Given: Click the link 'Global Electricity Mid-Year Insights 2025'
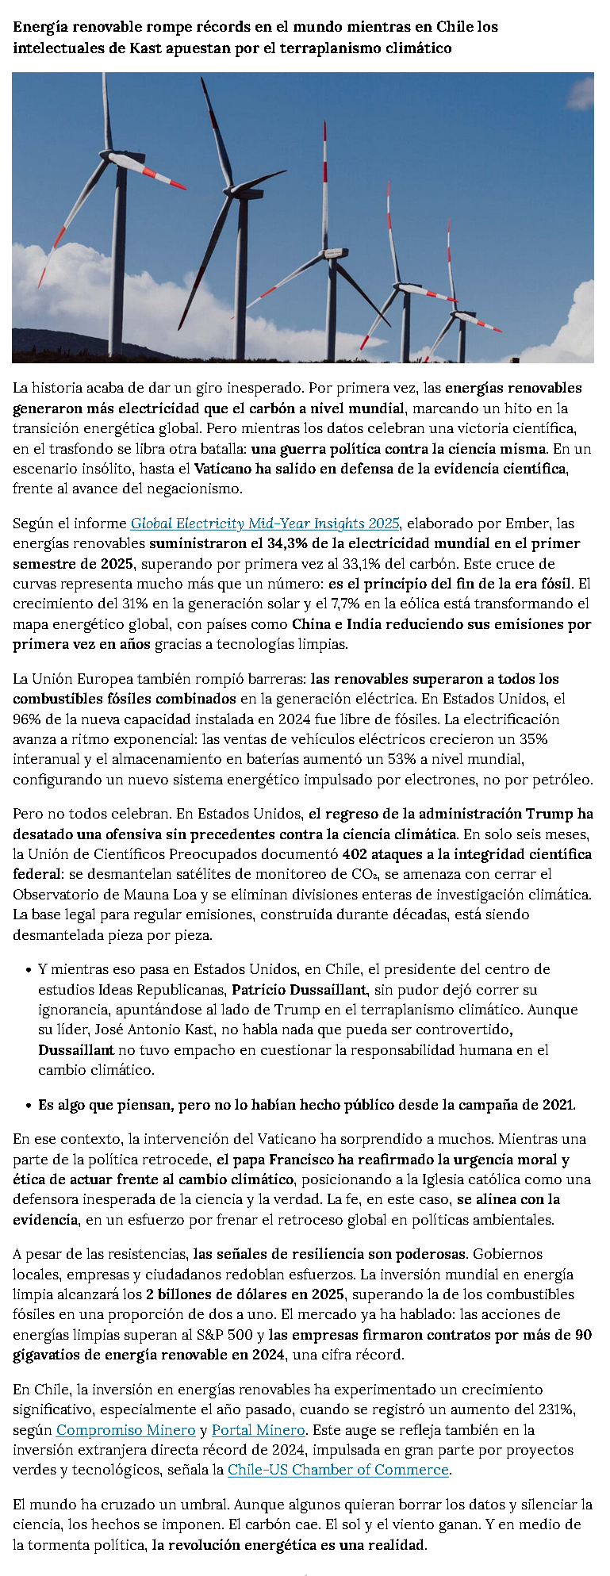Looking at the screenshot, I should coord(265,523).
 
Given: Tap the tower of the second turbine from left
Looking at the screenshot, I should coord(241,278).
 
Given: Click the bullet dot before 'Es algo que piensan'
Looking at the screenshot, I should coord(29,1105).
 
